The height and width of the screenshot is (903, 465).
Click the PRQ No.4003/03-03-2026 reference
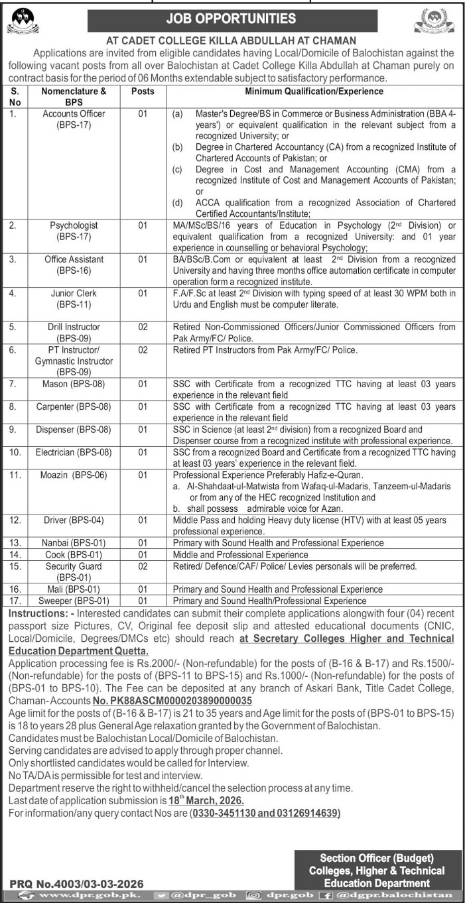click(77, 883)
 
